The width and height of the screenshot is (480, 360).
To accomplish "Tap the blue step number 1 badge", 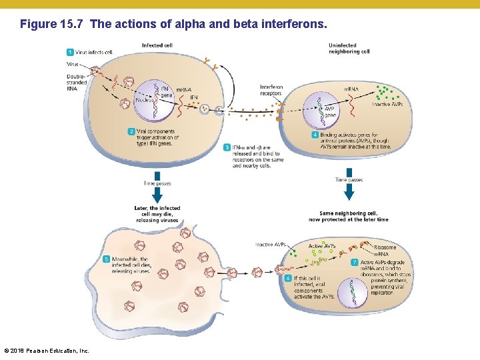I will (70, 52).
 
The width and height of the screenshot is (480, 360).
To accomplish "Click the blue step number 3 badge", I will (227, 147).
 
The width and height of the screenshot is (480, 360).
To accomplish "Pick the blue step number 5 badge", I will (107, 259).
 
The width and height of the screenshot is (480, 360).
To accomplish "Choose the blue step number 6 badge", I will (288, 278).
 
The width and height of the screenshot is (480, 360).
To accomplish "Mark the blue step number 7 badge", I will (355, 263).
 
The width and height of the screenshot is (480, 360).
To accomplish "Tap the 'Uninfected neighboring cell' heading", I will (349, 49).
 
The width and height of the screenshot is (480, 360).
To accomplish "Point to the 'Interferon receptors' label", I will (271, 91).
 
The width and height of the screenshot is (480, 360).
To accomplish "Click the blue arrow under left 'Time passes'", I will (157, 195).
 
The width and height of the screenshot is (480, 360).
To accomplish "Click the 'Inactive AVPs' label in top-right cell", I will (387, 104).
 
